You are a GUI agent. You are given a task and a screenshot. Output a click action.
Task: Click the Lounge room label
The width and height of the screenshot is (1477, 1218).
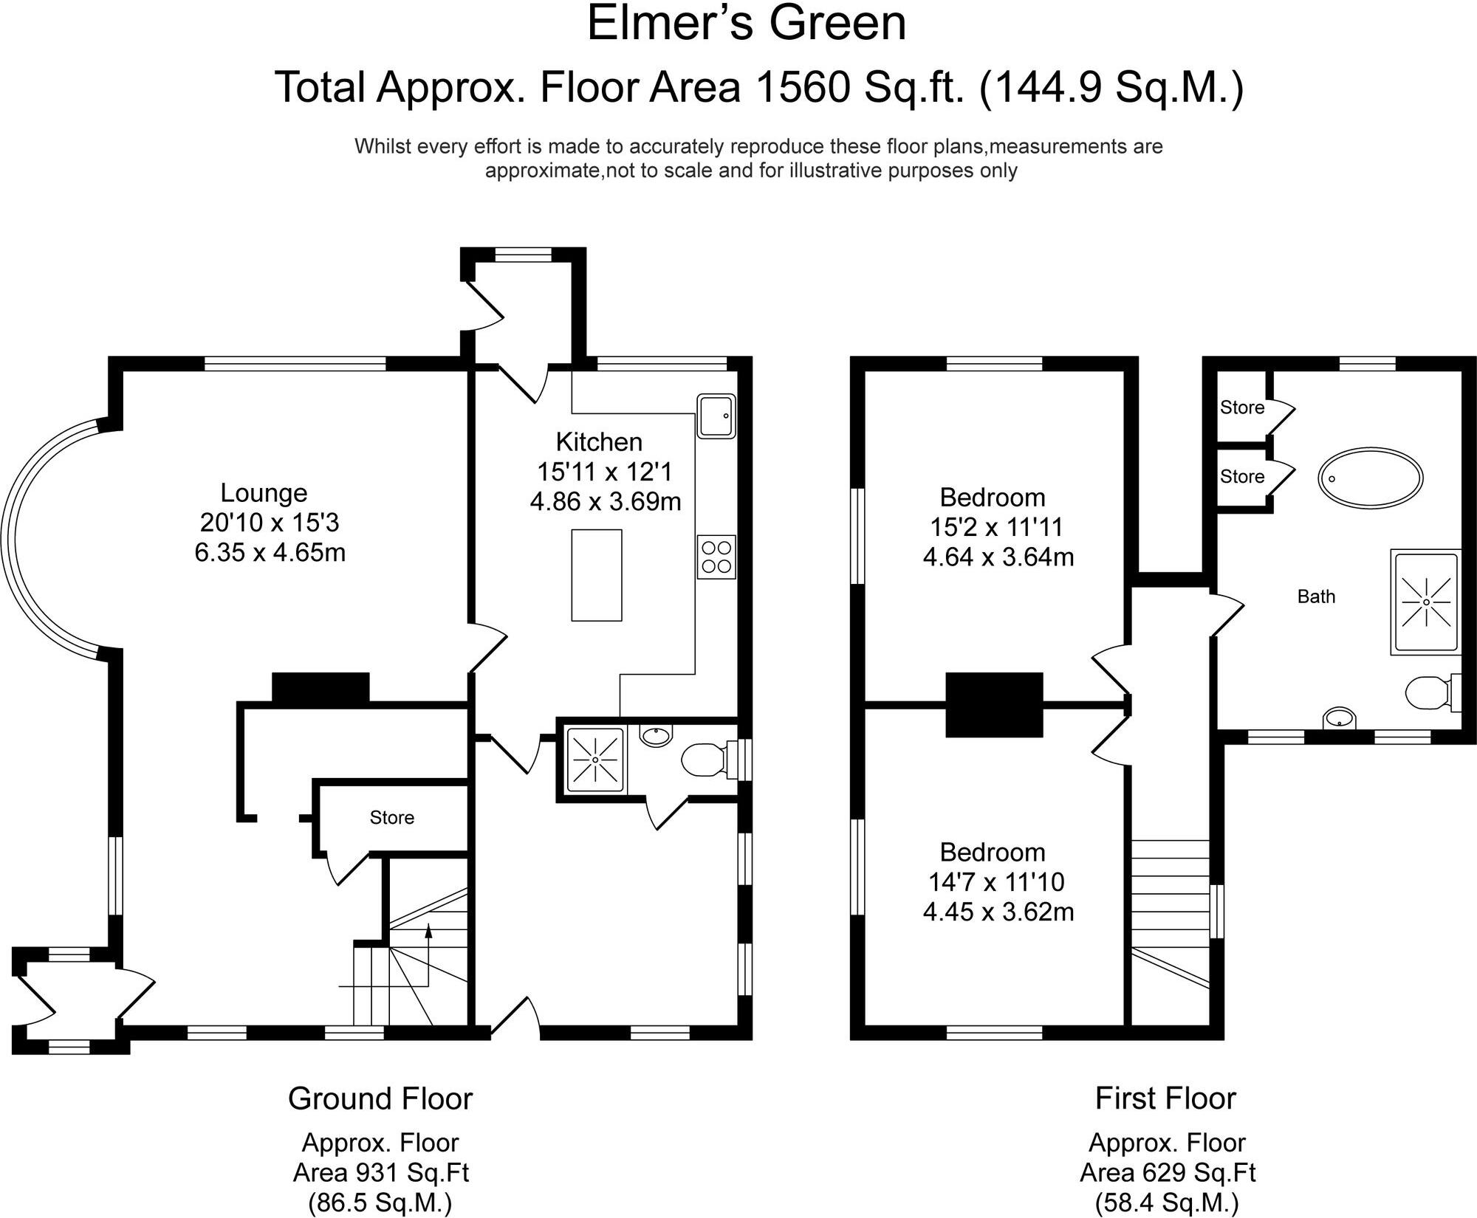coord(264,493)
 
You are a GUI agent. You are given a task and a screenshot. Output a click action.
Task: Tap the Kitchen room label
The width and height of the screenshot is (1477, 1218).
coord(599,442)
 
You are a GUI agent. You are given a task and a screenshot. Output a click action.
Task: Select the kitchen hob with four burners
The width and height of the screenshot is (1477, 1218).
coord(716,557)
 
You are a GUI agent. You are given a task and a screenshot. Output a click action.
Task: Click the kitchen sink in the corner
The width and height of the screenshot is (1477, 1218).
coord(716,416)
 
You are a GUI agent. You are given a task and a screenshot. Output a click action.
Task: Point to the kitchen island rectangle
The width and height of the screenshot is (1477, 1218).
coord(597,575)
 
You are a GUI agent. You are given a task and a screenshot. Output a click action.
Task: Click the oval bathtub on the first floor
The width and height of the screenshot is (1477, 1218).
coord(1371,478)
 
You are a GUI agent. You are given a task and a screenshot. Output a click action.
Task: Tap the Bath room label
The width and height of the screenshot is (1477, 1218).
coord(1316,596)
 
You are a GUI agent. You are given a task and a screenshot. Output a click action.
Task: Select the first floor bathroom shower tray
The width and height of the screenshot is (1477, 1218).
coord(1426,602)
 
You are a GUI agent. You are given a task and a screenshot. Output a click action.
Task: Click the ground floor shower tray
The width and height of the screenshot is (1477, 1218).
coord(595,760)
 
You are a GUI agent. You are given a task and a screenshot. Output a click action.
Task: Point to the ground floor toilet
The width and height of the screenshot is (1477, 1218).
coord(709,760)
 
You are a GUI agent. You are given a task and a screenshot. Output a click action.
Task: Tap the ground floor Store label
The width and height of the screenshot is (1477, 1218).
coord(392,817)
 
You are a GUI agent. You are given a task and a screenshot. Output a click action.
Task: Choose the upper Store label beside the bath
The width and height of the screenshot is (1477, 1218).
coord(1242,407)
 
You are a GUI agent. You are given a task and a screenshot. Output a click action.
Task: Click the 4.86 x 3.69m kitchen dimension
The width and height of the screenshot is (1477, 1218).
coord(606,502)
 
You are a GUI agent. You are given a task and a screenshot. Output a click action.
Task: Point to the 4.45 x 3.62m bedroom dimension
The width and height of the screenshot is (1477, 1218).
coord(998,912)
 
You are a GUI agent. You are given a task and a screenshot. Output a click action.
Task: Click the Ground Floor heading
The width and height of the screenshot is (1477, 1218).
coord(380,1098)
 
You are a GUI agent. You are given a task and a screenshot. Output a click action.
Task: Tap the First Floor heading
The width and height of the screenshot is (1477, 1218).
coord(1165,1098)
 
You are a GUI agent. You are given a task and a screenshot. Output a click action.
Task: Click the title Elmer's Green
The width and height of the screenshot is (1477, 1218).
coord(747,23)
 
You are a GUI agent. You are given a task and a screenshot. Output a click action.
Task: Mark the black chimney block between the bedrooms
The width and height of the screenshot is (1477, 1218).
coord(995,705)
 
